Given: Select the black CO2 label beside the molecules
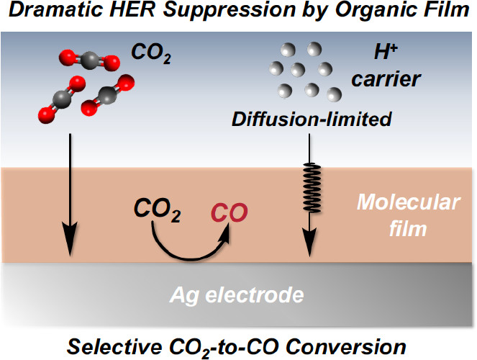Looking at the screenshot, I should [x=150, y=53].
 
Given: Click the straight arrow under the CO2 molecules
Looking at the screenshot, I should [x=70, y=194].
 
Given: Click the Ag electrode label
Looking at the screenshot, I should [x=238, y=295].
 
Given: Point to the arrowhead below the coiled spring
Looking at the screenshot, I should [x=310, y=246].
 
